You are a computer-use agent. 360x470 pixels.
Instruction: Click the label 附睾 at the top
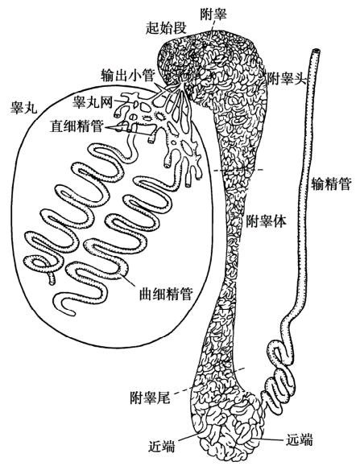(x=213, y=14)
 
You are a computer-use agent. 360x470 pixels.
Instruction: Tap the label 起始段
(x=166, y=28)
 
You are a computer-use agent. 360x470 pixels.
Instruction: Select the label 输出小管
(x=127, y=75)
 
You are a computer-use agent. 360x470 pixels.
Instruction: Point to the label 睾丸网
(x=93, y=102)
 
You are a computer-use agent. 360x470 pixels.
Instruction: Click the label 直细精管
(x=77, y=126)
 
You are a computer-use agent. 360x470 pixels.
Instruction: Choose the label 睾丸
(x=24, y=107)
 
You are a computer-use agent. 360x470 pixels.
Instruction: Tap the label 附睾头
(x=286, y=80)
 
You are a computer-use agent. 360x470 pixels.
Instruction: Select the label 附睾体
(x=266, y=221)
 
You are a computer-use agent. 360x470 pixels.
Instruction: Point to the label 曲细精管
(x=166, y=294)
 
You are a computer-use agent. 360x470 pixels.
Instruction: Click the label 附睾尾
(x=150, y=398)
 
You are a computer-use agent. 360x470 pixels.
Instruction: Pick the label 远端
(x=299, y=439)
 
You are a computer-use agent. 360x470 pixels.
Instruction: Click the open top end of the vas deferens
(x=316, y=52)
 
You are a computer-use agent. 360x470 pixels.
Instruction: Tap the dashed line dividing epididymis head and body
(x=238, y=170)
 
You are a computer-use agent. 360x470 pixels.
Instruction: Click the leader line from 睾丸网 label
(x=119, y=102)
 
